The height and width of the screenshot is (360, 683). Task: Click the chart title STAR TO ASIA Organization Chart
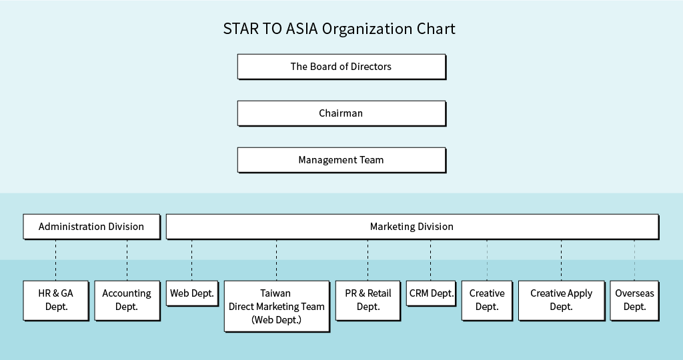[x=339, y=29]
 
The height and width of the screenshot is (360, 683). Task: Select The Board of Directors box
[x=341, y=67]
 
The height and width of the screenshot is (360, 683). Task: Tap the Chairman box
[x=341, y=113]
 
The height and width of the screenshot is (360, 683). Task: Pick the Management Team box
[x=341, y=160]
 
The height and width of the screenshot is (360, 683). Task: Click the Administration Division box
[x=91, y=227]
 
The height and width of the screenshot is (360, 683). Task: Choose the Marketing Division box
[x=412, y=227]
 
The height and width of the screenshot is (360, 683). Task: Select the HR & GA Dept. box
[x=56, y=301]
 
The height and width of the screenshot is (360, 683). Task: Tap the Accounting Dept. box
[x=127, y=301]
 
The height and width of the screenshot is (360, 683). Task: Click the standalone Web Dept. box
[x=192, y=293]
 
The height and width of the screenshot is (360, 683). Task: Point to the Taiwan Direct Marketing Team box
[x=277, y=306]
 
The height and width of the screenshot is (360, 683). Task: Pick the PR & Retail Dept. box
[x=368, y=301]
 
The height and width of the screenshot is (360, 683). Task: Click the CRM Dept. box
[x=432, y=293]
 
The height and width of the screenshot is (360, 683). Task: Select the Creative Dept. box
[x=487, y=301]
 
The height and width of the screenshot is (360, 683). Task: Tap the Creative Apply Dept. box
[x=562, y=301]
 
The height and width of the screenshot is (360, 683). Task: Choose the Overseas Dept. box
[x=635, y=301]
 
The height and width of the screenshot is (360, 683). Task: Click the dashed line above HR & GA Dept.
[x=56, y=260]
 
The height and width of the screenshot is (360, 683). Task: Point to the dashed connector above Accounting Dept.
[x=127, y=260]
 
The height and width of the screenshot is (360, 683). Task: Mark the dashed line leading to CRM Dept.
[x=431, y=260]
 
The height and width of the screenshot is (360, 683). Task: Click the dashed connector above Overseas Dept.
[x=635, y=260]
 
